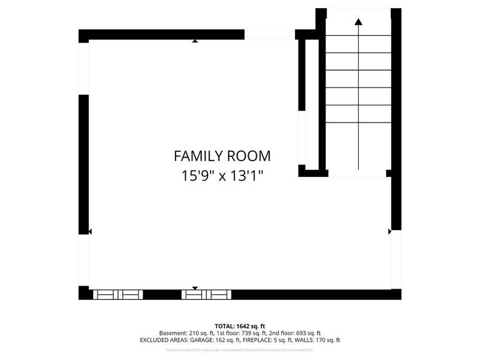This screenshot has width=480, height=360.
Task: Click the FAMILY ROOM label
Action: pos(222,156)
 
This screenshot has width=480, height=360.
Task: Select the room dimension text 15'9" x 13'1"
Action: pos(222,176)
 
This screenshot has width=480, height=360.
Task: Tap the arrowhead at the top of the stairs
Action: pos(358,22)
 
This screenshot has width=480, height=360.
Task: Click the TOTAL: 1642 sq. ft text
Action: pos(240,326)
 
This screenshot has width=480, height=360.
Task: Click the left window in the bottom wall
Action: pos(117,294)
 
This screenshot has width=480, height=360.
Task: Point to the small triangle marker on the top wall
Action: pos(196,41)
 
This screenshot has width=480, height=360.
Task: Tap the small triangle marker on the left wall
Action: pos(90,231)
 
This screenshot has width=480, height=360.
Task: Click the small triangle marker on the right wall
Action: pos(389,231)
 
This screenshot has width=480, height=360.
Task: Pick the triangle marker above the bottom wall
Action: pos(195,288)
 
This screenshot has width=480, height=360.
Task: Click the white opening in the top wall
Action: pos(269,34)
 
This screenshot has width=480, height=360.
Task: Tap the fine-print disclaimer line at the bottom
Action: pos(240,350)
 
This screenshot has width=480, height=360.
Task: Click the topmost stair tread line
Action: pos(358,36)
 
